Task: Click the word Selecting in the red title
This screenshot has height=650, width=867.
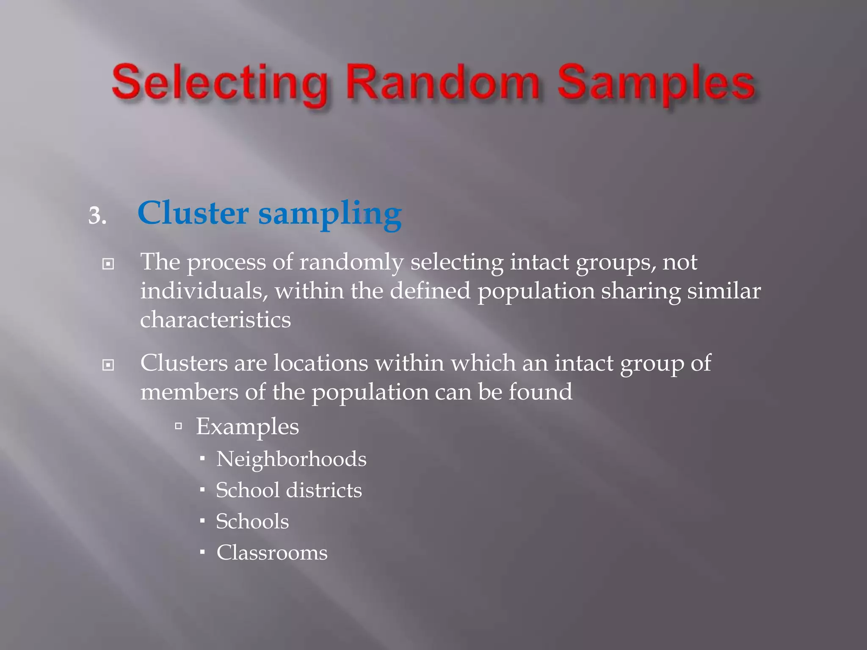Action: tap(220, 83)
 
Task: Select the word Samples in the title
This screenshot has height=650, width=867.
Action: tap(656, 84)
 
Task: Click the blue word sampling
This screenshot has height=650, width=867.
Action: tap(330, 215)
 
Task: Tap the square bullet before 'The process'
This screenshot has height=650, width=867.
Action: tap(108, 264)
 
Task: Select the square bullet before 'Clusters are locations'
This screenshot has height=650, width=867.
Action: tap(108, 365)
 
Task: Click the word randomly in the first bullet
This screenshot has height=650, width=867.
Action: tap(351, 263)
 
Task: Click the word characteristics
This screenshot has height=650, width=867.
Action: tap(215, 319)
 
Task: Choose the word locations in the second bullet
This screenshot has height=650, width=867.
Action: tap(320, 363)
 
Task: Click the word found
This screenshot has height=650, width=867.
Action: tap(540, 392)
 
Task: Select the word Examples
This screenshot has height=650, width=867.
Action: tap(247, 427)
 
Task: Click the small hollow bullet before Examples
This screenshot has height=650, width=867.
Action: tap(179, 426)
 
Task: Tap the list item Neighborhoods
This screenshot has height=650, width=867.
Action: tap(291, 459)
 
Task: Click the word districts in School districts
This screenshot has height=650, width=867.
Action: tap(324, 490)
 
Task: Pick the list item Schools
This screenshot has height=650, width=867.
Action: tap(252, 521)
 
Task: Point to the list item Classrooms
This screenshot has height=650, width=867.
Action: tap(272, 553)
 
